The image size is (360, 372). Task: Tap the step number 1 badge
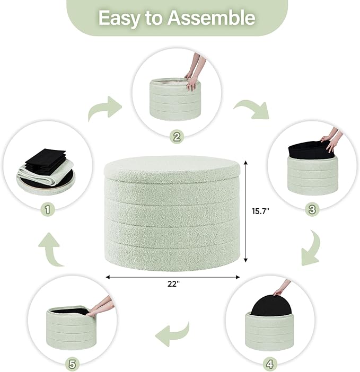(x=48, y=210)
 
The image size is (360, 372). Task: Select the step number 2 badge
(x=177, y=137)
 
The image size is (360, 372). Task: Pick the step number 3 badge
(x=312, y=210)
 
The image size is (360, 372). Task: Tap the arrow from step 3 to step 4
(x=312, y=247)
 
